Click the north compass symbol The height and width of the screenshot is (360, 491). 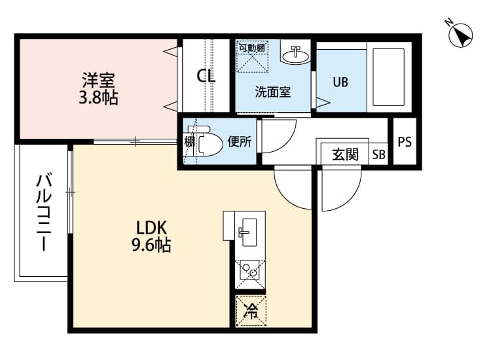click(462, 34)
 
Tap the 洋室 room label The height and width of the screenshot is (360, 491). click(99, 82)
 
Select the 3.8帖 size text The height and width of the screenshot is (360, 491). click(99, 99)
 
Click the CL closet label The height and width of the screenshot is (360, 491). click(206, 75)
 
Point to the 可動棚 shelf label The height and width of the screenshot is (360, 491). click(251, 48)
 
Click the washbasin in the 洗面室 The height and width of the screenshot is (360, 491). click(296, 54)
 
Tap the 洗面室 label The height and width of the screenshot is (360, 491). click(273, 92)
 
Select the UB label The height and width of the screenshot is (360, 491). click(340, 82)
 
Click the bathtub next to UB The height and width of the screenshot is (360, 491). click(389, 78)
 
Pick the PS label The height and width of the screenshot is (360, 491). click(405, 141)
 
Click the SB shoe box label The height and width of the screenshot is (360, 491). click(379, 155)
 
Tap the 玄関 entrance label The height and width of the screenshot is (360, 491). click(345, 155)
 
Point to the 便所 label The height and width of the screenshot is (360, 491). click(239, 141)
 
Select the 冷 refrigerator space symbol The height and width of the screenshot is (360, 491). click(251, 311)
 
